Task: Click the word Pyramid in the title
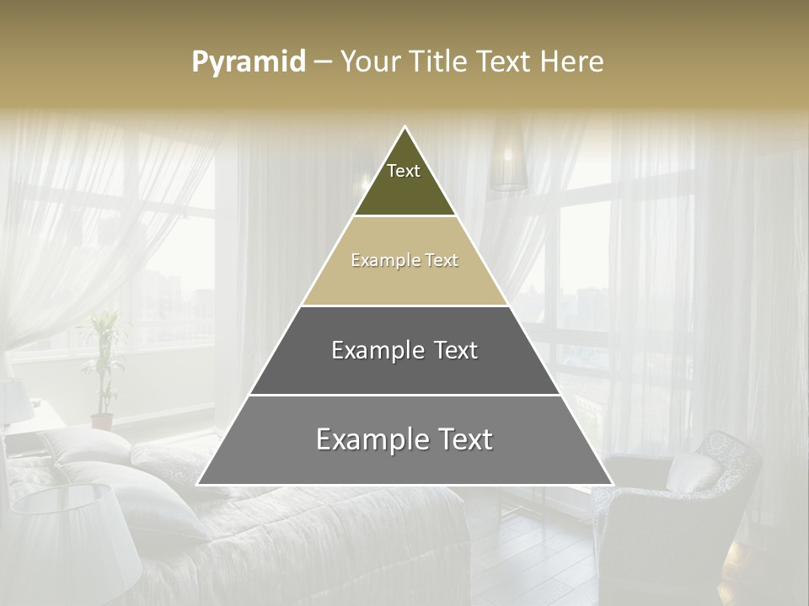249,62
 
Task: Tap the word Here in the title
571,61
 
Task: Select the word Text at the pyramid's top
404,171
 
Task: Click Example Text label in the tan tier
404,261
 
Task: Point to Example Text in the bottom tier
404,439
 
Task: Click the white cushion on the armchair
693,473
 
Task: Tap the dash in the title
323,62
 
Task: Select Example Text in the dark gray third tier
404,350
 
